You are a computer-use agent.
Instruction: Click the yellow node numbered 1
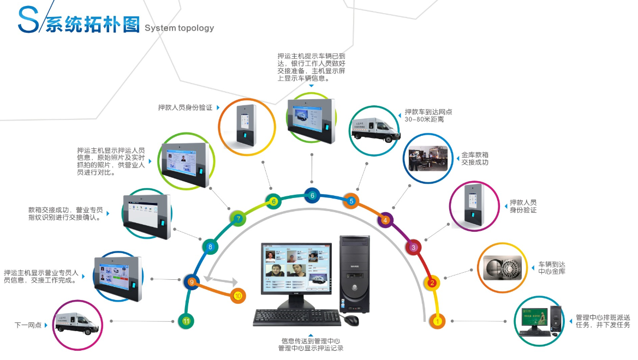pos(437,321)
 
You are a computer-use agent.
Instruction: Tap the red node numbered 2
pos(432,283)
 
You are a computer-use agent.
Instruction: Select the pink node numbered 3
pos(413,247)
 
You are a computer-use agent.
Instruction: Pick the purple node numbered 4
pos(385,220)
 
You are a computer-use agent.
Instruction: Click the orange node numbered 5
pos(351,201)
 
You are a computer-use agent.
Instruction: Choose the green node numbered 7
pos(238,219)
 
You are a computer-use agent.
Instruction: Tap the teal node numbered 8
pos(210,247)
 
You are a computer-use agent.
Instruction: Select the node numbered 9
pos(191,282)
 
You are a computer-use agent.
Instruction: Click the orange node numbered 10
pos(237,296)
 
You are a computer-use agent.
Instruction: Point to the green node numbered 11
pos(186,321)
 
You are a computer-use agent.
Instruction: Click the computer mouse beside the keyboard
pos(351,320)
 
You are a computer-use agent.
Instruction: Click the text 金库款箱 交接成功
pos(474,159)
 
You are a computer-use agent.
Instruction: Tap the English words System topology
pos(179,28)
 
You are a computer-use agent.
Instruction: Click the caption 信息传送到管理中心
pos(310,341)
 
